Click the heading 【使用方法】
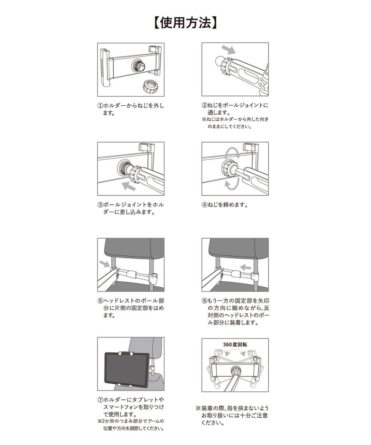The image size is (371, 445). (185, 23)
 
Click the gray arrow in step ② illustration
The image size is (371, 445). (228, 50)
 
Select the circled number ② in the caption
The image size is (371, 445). (205, 106)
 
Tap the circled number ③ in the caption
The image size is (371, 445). (100, 205)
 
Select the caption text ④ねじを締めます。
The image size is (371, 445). (225, 205)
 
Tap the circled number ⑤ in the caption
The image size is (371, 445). (100, 300)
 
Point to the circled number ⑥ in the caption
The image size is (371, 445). (205, 300)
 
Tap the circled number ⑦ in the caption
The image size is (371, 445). (100, 400)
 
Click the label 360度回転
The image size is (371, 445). (235, 344)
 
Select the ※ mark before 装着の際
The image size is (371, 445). (198, 408)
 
